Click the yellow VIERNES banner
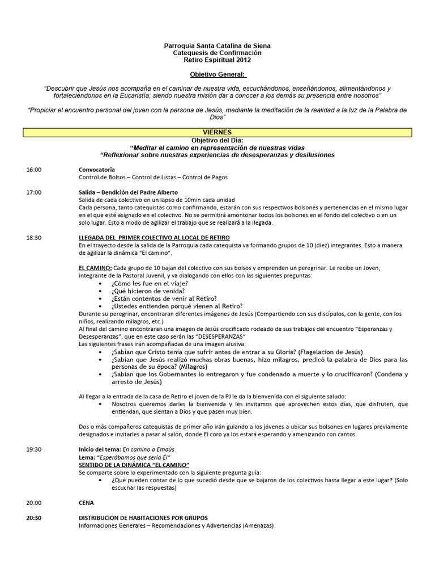[217, 133]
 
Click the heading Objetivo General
[217, 74]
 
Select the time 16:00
[33, 170]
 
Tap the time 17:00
[33, 192]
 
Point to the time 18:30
[33, 238]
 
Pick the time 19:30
[33, 449]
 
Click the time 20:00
[33, 503]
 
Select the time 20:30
[33, 517]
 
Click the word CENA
[86, 503]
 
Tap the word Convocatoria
[96, 170]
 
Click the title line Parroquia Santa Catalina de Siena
[217, 45]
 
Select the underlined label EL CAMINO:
[95, 268]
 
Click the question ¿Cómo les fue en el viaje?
[150, 283]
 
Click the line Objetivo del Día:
[217, 140]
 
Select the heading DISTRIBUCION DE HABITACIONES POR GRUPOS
[143, 517]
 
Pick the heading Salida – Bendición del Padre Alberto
[128, 192]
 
